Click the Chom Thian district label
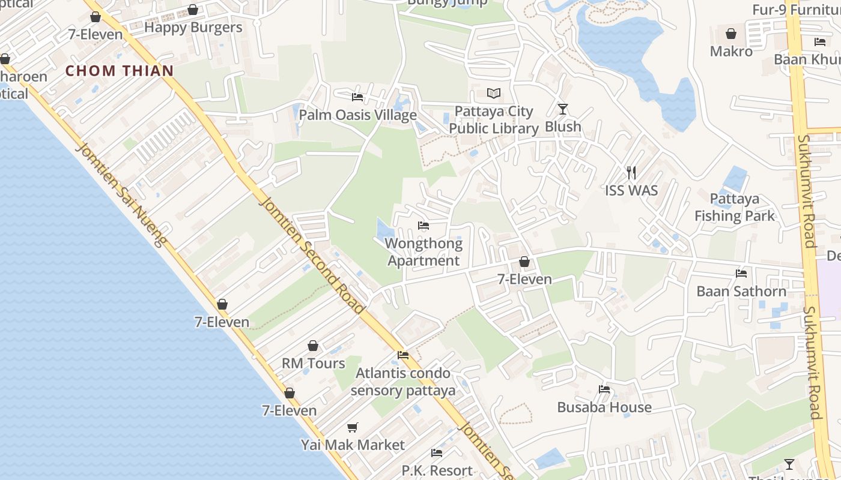click(x=120, y=71)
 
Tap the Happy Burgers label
click(x=193, y=28)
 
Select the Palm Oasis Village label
click(x=358, y=115)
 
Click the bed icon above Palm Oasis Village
click(x=357, y=97)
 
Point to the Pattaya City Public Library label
click(x=494, y=120)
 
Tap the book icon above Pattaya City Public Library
click(x=494, y=93)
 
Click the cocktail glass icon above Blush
click(x=563, y=109)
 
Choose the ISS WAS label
click(x=631, y=191)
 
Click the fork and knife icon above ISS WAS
click(x=631, y=173)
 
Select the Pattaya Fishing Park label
click(x=735, y=208)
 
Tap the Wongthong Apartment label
click(x=424, y=252)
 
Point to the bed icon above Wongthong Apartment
click(x=424, y=226)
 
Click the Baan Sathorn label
click(x=741, y=292)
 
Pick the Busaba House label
click(x=604, y=407)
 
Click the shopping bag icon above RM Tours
click(x=313, y=346)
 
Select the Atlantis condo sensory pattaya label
click(x=403, y=382)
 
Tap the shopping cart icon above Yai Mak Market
click(x=353, y=427)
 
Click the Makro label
click(x=731, y=52)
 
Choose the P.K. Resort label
click(x=437, y=470)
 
